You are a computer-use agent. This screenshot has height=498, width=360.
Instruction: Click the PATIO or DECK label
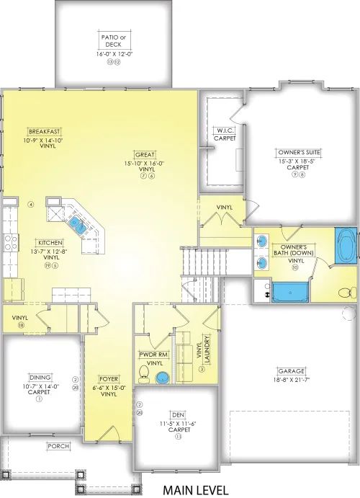[x=110, y=39]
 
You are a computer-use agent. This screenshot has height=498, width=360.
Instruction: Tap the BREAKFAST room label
[x=43, y=131]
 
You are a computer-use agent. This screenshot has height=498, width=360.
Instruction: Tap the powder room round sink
[x=163, y=378]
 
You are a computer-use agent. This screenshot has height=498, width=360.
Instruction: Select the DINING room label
[x=40, y=377]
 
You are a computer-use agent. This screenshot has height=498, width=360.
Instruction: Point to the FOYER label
[x=109, y=378]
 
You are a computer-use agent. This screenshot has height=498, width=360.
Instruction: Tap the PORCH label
[x=59, y=446]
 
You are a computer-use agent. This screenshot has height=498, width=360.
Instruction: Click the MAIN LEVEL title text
[x=190, y=489]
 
